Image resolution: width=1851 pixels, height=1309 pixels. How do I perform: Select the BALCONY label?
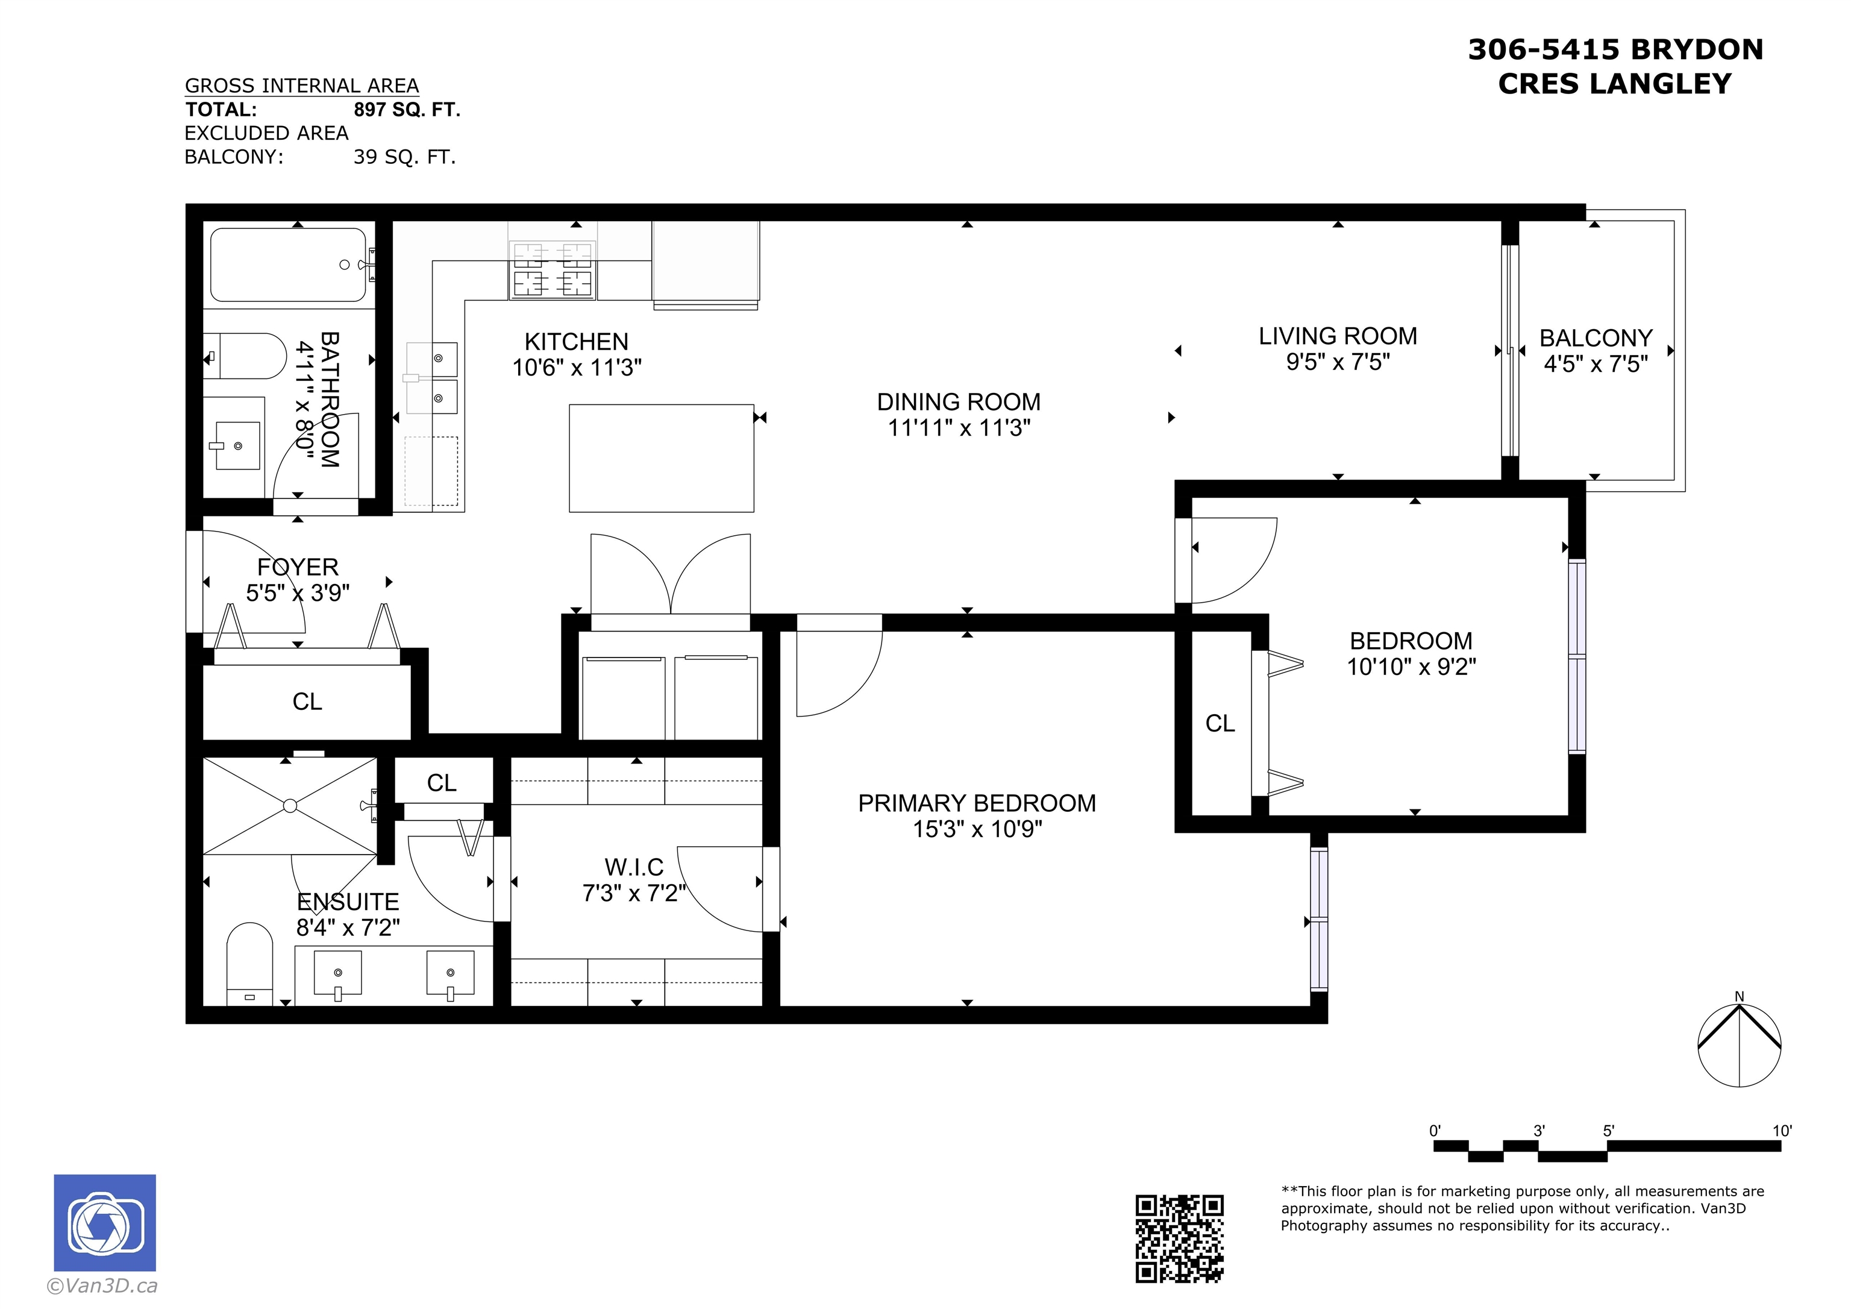tap(1596, 338)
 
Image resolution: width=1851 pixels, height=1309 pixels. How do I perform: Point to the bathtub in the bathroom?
tap(289, 265)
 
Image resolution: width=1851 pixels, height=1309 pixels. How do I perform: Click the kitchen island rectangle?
tap(661, 458)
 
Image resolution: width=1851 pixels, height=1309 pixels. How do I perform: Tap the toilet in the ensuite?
tap(250, 964)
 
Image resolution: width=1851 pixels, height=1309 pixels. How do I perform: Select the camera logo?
tap(105, 1223)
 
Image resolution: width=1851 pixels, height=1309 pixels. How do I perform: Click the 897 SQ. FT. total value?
tap(407, 110)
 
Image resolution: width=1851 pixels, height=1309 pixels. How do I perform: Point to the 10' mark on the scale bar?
tap(1782, 1131)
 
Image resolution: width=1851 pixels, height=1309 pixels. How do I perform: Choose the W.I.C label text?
tap(634, 867)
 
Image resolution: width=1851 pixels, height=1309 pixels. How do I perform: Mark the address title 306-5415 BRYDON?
tap(1615, 50)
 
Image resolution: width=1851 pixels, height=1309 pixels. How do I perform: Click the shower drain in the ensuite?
tap(290, 806)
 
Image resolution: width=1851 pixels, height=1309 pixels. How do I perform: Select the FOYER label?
tap(298, 567)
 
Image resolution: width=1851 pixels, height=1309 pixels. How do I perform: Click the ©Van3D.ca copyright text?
tap(102, 1287)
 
